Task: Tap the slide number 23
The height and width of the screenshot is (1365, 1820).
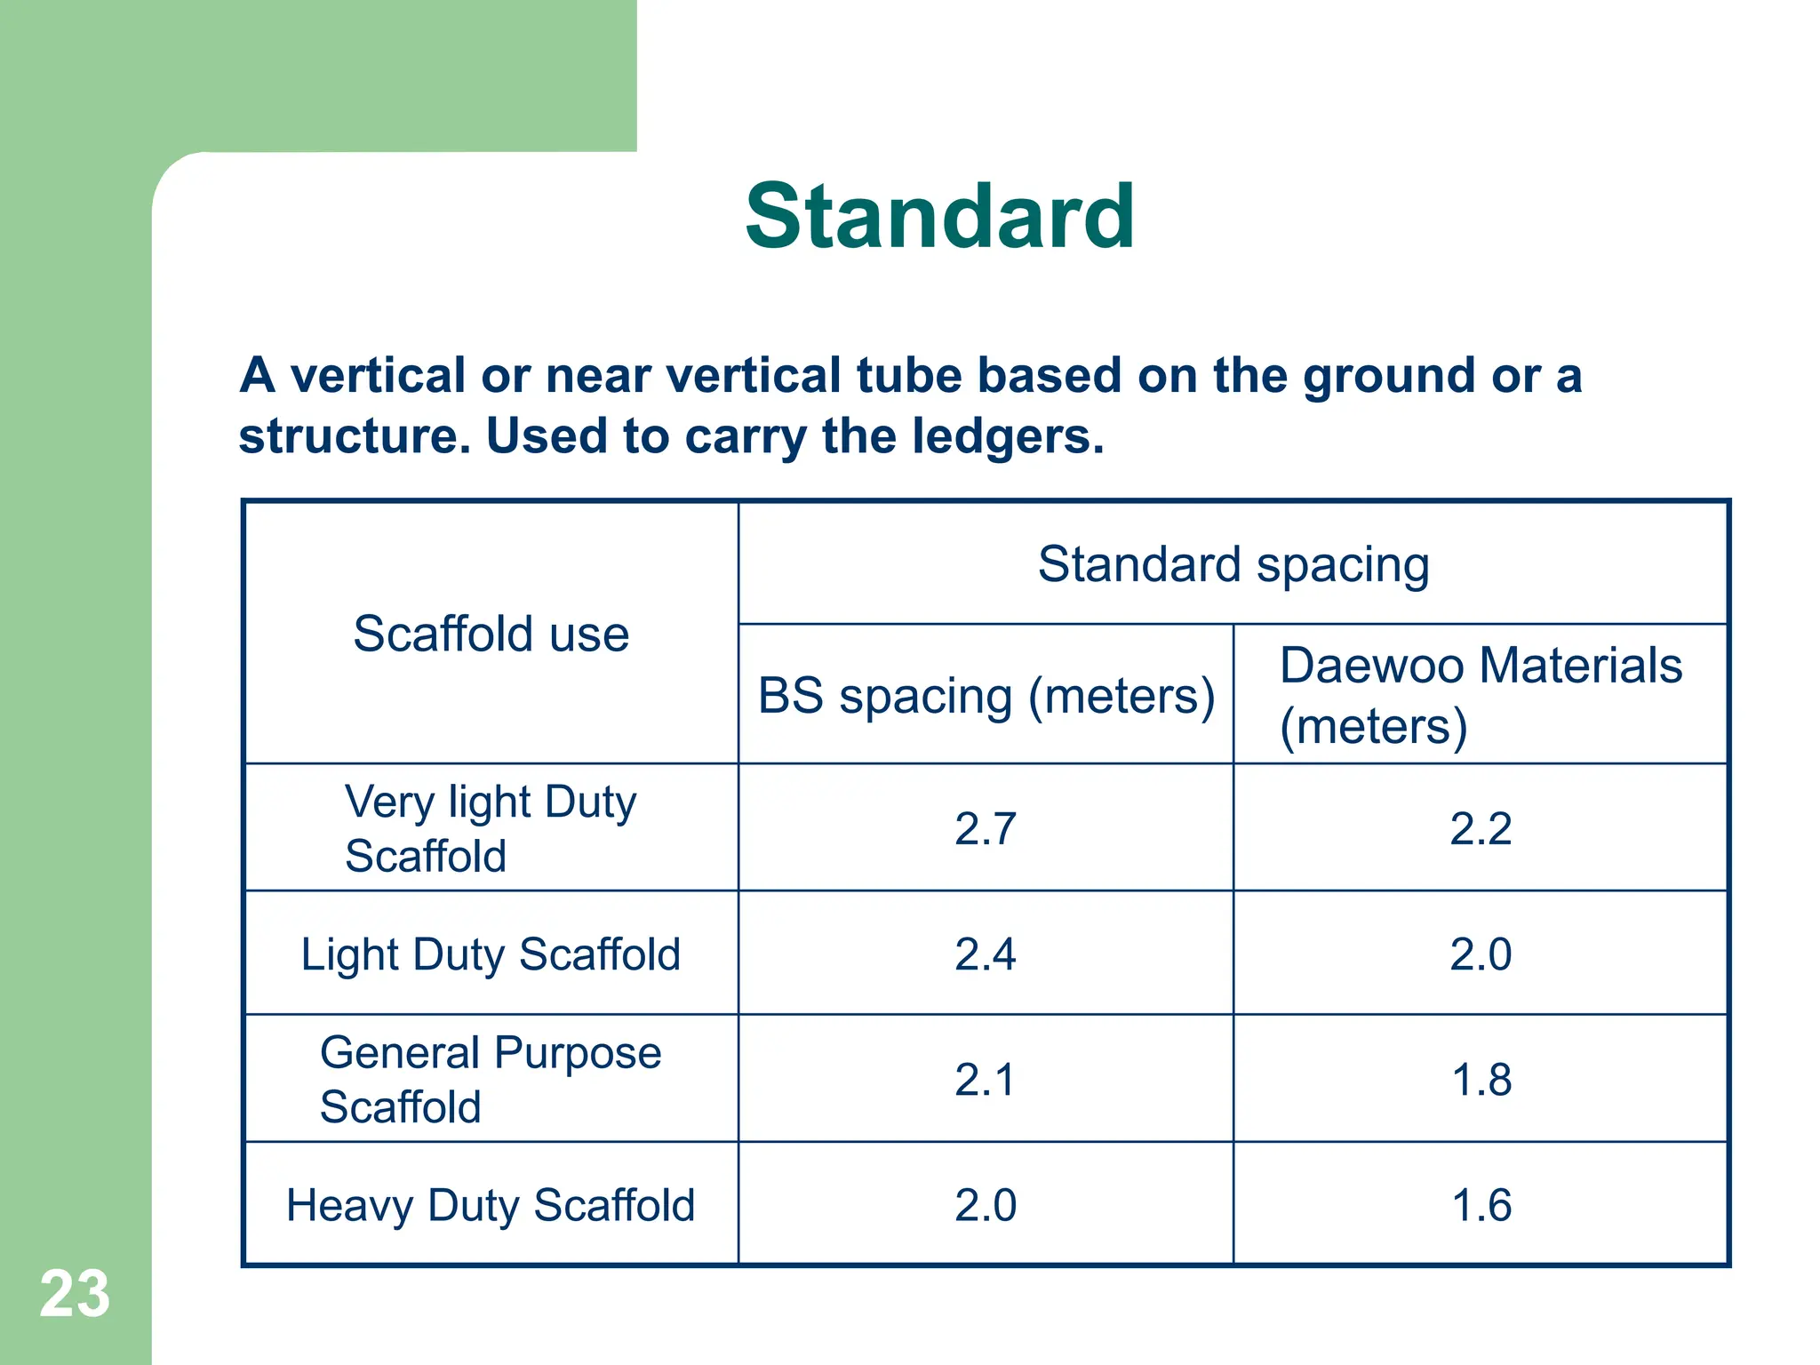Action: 75,1294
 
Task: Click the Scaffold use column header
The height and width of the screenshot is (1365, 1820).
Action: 491,634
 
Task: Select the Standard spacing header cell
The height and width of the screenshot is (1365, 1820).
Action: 1233,564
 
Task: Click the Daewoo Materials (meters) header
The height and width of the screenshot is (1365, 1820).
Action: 1480,695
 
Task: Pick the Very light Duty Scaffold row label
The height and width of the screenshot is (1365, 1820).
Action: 491,828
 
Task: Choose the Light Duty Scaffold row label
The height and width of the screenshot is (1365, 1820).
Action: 491,954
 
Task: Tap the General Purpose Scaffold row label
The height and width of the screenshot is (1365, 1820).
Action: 491,1079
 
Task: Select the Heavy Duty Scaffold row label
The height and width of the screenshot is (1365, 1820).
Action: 491,1205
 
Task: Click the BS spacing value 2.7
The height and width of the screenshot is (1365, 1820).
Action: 986,828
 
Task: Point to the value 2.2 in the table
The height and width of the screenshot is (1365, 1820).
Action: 1481,828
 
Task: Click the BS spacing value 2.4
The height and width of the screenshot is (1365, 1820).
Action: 986,954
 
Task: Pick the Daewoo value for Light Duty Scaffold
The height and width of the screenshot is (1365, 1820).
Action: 1481,954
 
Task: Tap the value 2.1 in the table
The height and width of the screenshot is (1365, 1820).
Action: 986,1080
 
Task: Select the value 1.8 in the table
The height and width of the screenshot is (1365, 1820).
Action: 1481,1080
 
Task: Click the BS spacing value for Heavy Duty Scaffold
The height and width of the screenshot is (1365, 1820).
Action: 986,1205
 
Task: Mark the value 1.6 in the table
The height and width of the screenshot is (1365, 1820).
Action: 1481,1205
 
